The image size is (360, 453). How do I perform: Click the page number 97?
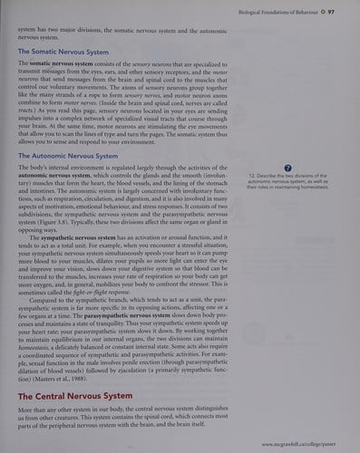click(x=333, y=11)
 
